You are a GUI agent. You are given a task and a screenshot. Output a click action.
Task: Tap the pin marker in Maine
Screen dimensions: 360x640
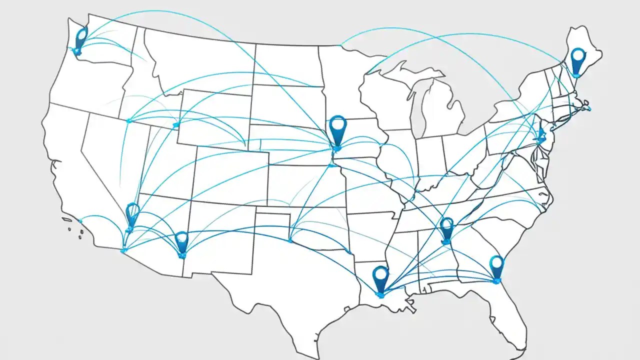578,60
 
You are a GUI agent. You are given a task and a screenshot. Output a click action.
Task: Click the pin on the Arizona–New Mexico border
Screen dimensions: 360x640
181,242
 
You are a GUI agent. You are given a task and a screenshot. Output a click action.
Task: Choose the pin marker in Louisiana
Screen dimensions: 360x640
380,278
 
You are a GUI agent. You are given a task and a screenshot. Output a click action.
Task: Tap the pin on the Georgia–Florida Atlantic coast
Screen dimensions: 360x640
496,266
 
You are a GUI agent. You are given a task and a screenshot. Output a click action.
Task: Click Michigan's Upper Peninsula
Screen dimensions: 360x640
405,75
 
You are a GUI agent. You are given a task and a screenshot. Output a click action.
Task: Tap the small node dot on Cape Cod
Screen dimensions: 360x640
588,108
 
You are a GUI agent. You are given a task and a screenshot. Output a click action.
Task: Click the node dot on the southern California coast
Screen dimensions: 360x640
80,220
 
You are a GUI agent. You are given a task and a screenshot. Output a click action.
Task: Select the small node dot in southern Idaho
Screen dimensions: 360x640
129,120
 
